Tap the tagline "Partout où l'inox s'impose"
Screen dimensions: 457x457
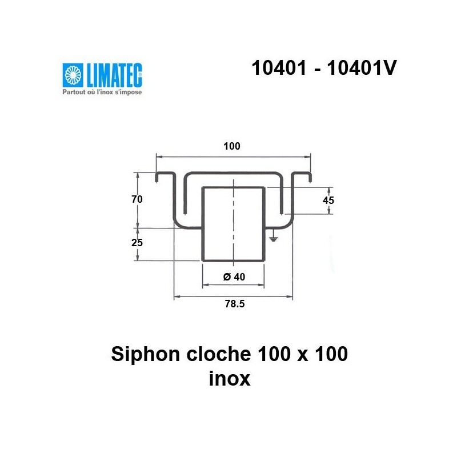point(102,91)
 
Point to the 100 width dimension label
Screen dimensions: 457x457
point(232,146)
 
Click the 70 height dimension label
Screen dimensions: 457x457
point(136,199)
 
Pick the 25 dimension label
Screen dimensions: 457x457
point(136,242)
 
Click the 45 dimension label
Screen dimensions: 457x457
point(328,200)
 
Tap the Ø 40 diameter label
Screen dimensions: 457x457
point(233,277)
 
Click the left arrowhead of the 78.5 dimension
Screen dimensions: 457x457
point(176,296)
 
